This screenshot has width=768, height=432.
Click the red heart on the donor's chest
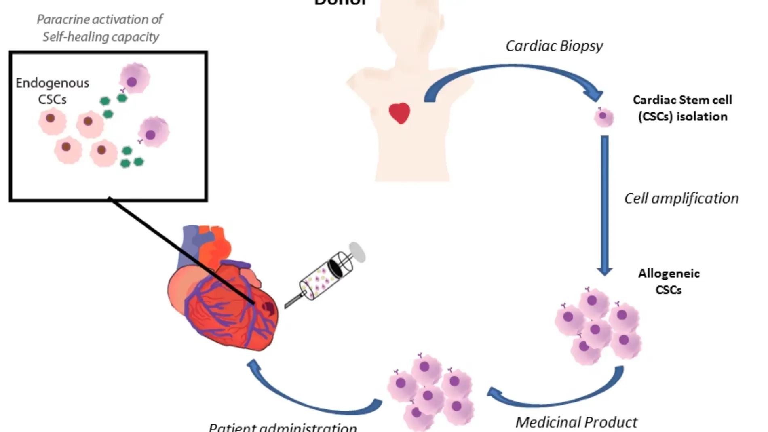pyautogui.click(x=399, y=113)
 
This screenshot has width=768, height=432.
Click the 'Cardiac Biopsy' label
pyautogui.click(x=554, y=46)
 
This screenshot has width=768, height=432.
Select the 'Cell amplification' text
pyautogui.click(x=681, y=198)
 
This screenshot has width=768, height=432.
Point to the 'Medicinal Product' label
pyautogui.click(x=576, y=422)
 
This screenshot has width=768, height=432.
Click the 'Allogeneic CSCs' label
pyautogui.click(x=669, y=281)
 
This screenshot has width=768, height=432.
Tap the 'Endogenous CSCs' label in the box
pyautogui.click(x=53, y=91)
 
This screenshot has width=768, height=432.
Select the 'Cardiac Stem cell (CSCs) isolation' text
pyautogui.click(x=682, y=108)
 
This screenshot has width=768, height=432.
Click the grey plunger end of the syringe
pyautogui.click(x=357, y=252)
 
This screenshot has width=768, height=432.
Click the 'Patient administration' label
pyautogui.click(x=283, y=427)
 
